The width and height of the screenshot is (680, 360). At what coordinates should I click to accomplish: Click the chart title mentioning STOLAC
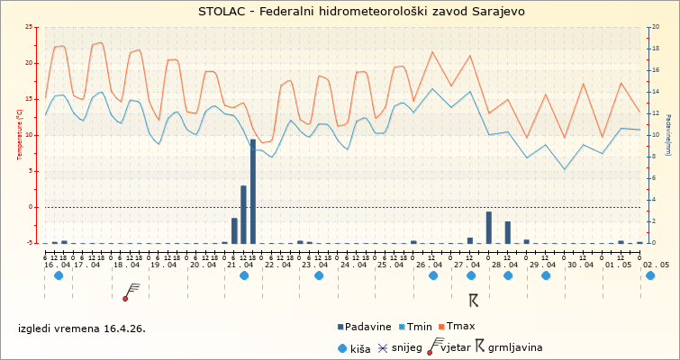pyautogui.click(x=349, y=12)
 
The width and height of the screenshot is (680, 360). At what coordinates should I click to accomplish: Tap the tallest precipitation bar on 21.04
pyautogui.click(x=253, y=191)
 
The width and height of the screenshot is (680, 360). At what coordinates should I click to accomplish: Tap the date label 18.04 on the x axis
pyautogui.click(x=125, y=265)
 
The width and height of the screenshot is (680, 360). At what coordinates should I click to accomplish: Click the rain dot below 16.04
pyautogui.click(x=59, y=275)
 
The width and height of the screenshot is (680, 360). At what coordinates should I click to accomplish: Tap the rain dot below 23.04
pyautogui.click(x=319, y=275)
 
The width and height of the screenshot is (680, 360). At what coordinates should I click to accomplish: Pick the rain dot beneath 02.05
pyautogui.click(x=650, y=275)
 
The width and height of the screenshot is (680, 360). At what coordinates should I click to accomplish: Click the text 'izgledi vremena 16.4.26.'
pyautogui.click(x=81, y=328)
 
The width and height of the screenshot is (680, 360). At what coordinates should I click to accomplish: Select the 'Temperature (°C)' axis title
pyautogui.click(x=20, y=135)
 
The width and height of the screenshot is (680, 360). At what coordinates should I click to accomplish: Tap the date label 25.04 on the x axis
pyautogui.click(x=391, y=265)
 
